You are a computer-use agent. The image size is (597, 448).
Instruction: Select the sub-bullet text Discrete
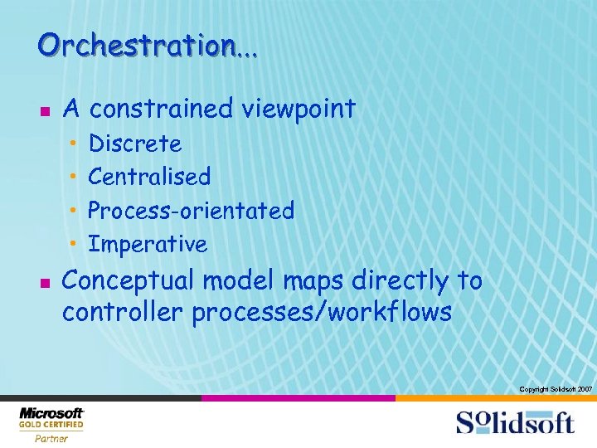click(x=135, y=144)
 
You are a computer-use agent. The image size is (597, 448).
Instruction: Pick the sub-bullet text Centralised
click(x=149, y=177)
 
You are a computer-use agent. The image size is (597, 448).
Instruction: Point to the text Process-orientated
click(x=191, y=211)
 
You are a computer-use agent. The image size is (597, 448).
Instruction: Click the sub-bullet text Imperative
click(x=148, y=245)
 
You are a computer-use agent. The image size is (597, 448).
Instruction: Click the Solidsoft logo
click(x=515, y=421)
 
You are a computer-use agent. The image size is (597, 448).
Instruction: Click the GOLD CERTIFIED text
click(x=51, y=426)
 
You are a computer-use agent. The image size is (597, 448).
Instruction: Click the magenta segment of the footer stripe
click(x=298, y=398)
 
